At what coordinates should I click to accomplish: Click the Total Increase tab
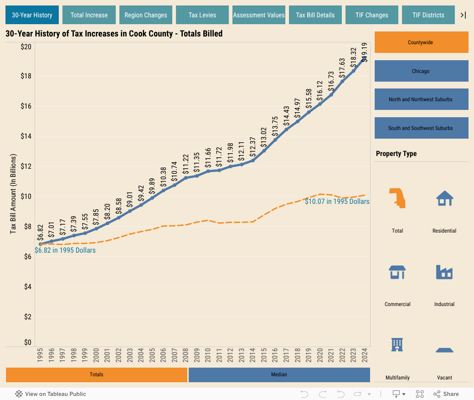tap(89, 15)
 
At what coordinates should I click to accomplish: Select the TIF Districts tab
tap(428, 15)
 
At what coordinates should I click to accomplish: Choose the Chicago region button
tap(421, 71)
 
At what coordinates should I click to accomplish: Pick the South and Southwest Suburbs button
tap(421, 128)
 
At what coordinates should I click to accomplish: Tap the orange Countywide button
tap(421, 42)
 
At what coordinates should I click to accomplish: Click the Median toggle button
tap(279, 374)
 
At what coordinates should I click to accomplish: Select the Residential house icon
tap(444, 199)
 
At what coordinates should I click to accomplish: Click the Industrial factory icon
tap(444, 272)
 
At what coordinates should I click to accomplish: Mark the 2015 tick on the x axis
tap(264, 356)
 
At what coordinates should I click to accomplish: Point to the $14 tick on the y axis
tap(26, 136)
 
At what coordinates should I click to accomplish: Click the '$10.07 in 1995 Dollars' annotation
tap(337, 201)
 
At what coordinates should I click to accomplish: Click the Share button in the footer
tap(446, 394)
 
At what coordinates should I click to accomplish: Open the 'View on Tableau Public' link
tap(51, 394)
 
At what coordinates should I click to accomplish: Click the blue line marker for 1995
tap(41, 244)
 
